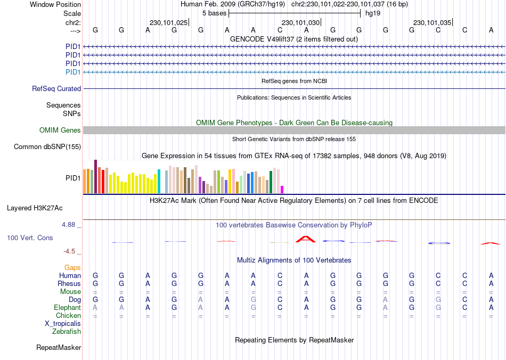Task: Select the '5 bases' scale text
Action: coord(214,13)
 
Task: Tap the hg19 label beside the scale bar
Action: coord(372,13)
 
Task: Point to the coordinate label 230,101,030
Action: coord(301,23)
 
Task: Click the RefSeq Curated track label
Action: coord(56,89)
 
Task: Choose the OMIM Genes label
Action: coord(60,130)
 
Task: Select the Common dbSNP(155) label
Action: coord(47,147)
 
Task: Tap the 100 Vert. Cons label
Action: coord(30,238)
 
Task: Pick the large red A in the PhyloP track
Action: coord(306,239)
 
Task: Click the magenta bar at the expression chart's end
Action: coord(282,190)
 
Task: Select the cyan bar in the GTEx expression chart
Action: coord(159,182)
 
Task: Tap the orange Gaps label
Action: coord(72,267)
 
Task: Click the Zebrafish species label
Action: coord(67,332)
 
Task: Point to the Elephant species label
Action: coord(67,308)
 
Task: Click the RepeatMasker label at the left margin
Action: coord(59,348)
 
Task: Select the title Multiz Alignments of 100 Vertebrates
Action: coord(294,260)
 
